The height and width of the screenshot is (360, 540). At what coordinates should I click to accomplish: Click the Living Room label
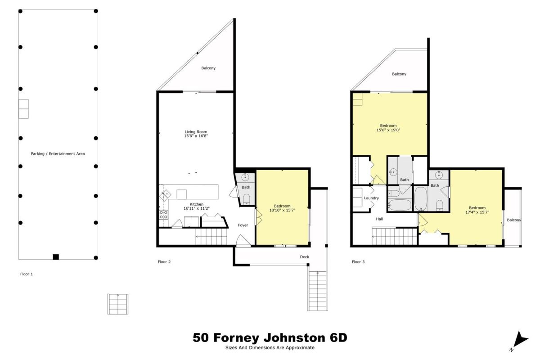196,132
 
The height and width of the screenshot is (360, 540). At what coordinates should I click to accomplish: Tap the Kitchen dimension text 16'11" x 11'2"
197,208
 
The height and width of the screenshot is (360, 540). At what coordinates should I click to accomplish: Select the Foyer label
243,225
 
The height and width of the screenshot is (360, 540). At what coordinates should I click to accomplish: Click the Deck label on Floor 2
305,257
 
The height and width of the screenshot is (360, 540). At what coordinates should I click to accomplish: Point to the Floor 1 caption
27,274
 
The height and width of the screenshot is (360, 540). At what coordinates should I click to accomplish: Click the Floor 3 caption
358,262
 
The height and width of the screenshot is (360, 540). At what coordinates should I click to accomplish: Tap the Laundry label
371,198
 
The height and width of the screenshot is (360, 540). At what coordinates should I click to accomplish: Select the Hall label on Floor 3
379,219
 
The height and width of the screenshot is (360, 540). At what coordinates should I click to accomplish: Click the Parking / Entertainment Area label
58,153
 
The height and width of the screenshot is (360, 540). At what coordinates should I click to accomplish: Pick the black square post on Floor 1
56,257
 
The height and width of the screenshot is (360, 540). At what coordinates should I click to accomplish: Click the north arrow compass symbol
520,340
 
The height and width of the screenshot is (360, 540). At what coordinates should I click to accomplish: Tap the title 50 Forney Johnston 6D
270,337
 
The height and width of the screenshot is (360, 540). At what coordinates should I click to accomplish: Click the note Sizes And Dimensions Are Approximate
270,348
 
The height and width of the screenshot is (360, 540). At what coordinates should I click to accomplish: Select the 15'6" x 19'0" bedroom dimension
388,130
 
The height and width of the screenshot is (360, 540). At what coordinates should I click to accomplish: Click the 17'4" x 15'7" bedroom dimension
477,212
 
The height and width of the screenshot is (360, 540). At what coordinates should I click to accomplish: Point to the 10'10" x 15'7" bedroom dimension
282,211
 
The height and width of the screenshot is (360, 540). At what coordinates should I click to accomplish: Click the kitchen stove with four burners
164,215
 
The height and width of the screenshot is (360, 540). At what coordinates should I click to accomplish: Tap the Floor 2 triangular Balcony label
208,68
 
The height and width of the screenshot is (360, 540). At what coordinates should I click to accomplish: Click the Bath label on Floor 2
246,187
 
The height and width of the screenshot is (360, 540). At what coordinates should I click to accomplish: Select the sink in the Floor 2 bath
245,177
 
